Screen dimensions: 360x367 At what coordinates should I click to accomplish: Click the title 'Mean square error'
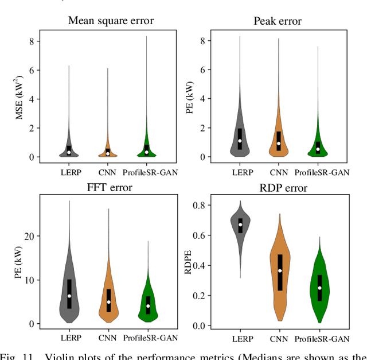[x=111, y=21]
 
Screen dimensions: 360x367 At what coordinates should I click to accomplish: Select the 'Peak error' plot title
[x=278, y=21]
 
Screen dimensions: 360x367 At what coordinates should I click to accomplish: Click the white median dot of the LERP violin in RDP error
[x=240, y=224]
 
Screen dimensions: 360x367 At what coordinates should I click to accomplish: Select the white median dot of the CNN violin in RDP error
[x=280, y=270]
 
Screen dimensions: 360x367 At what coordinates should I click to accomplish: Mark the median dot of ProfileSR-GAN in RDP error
[x=319, y=288]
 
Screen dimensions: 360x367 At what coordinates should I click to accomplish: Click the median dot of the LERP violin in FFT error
[x=69, y=296]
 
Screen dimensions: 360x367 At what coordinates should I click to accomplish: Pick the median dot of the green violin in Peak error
[x=318, y=149]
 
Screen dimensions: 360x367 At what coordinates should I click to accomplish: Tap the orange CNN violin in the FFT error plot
[x=108, y=296]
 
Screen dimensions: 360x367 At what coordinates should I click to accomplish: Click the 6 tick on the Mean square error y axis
[x=33, y=70]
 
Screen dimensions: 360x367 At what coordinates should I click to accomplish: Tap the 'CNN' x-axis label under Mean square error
[x=108, y=171]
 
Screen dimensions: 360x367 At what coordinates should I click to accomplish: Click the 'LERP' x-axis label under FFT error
[x=69, y=338]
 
